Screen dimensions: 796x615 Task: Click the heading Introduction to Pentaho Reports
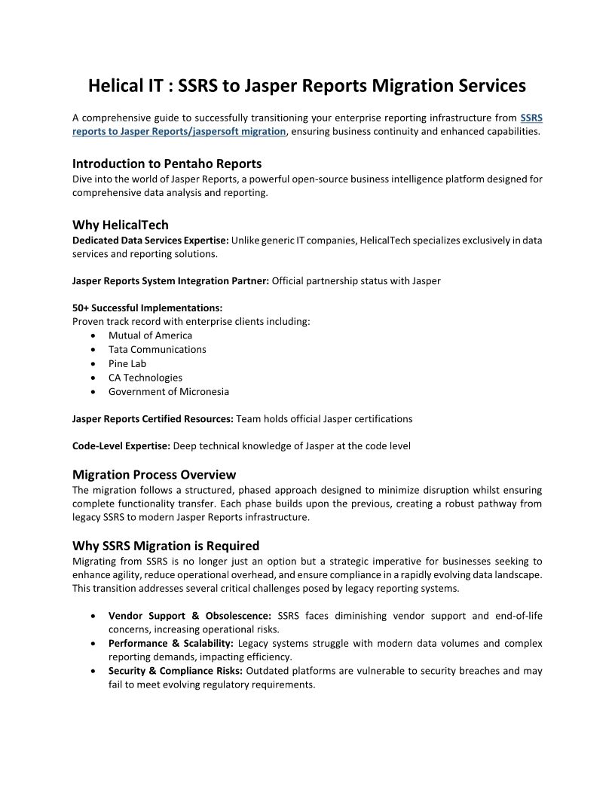tap(167, 164)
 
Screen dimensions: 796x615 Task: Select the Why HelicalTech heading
tap(121, 225)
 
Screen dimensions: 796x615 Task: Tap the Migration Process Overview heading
tap(154, 475)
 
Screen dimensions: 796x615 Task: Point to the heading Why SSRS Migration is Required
tap(166, 546)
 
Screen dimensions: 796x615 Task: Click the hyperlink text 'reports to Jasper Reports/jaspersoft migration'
tap(179, 131)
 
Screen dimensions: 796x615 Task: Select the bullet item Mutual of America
tap(150, 335)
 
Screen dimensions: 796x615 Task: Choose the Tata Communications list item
tap(157, 350)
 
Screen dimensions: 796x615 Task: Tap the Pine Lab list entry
tap(127, 363)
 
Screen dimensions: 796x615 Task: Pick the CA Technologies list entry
tap(145, 378)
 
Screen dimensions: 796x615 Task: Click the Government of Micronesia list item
tap(169, 392)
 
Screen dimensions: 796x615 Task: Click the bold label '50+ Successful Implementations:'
tap(147, 308)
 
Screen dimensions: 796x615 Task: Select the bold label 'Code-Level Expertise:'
tap(121, 446)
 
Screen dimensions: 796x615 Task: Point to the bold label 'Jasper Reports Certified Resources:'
tap(153, 418)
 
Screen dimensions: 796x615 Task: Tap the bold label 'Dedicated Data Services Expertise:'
tap(150, 240)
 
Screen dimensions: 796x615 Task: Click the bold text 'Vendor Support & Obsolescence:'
tap(189, 616)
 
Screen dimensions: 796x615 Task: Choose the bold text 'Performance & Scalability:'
tap(171, 644)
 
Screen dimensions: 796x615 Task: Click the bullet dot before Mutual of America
tap(93, 336)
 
